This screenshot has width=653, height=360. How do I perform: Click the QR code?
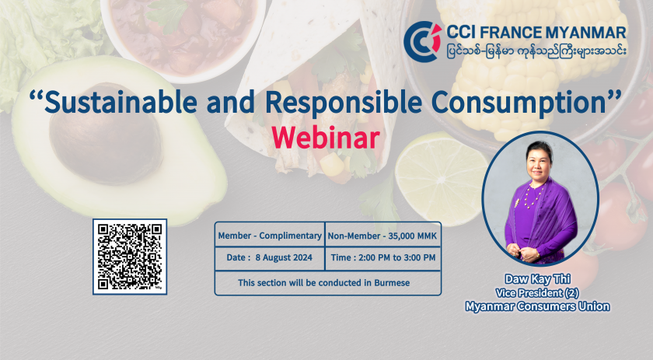[x=130, y=257]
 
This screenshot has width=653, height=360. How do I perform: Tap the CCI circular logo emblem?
[x=422, y=42]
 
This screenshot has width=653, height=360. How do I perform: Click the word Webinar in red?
[x=326, y=138]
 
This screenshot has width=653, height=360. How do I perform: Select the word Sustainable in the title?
[x=120, y=102]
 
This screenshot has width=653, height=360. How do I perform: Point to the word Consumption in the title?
[x=518, y=103]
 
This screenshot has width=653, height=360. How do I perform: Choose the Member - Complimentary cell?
[x=270, y=236]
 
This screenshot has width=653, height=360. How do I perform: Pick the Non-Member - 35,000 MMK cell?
[x=382, y=236]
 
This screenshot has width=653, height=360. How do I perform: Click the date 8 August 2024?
[x=284, y=257]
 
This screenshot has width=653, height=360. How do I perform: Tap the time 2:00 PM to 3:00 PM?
[x=397, y=257]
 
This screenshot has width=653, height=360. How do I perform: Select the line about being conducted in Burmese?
[x=323, y=283]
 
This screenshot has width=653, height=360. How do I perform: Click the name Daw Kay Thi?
[x=537, y=279]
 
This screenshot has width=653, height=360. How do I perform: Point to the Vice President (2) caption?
[x=537, y=293]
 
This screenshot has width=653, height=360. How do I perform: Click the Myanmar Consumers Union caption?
[x=537, y=306]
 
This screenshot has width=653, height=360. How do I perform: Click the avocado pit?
[x=106, y=133]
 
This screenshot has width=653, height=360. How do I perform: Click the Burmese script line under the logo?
[x=536, y=51]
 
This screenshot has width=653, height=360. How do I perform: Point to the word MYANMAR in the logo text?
[x=585, y=32]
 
